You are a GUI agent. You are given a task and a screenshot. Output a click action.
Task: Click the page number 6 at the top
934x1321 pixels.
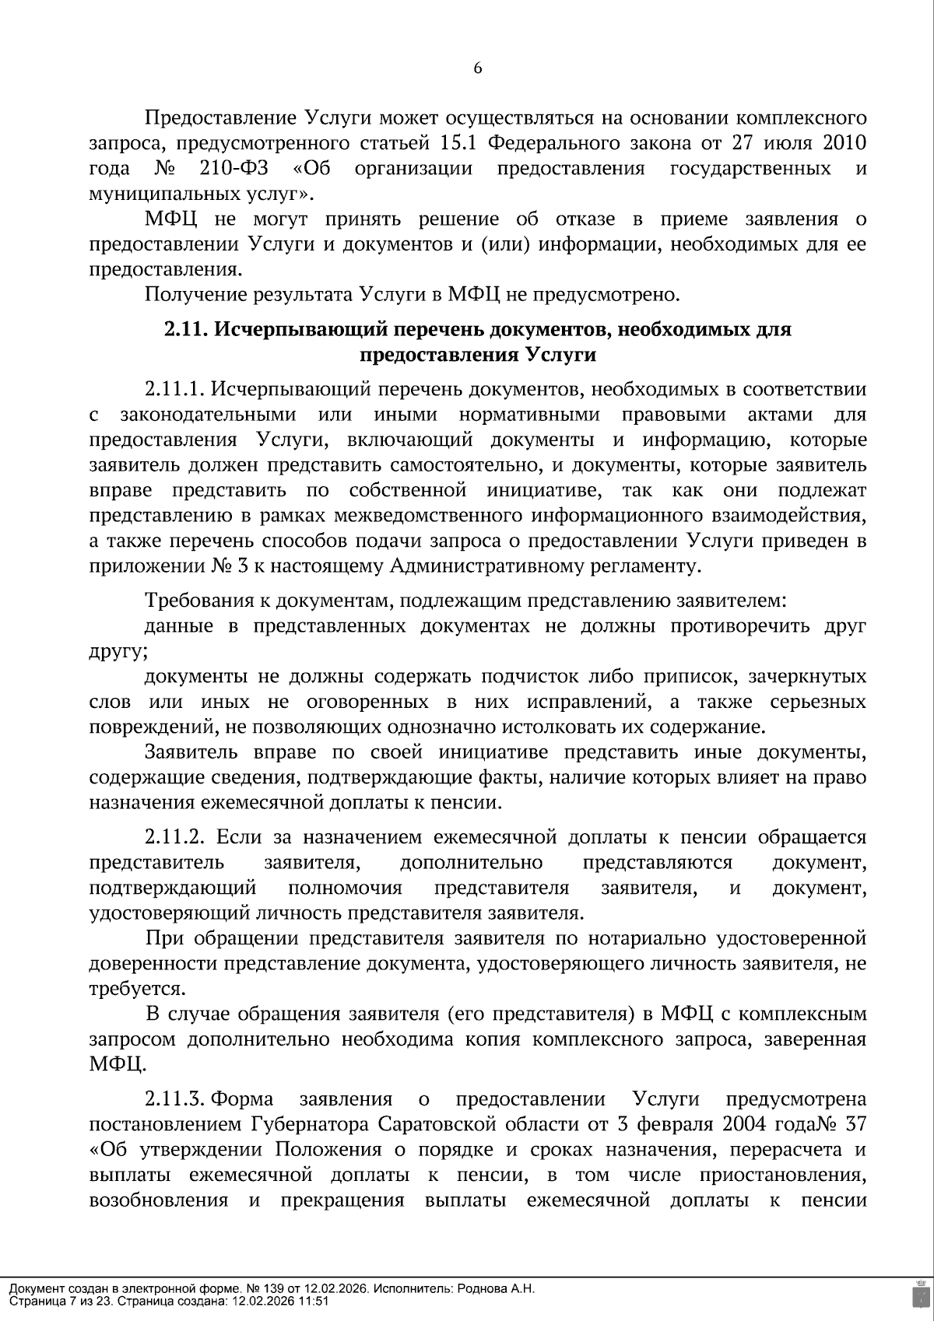[478, 68]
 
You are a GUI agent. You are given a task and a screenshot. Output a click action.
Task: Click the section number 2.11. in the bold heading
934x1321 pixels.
[185, 330]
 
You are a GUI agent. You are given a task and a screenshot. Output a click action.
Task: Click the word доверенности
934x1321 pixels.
[154, 964]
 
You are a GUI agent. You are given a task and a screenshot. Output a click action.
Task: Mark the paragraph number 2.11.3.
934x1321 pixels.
[174, 1099]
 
